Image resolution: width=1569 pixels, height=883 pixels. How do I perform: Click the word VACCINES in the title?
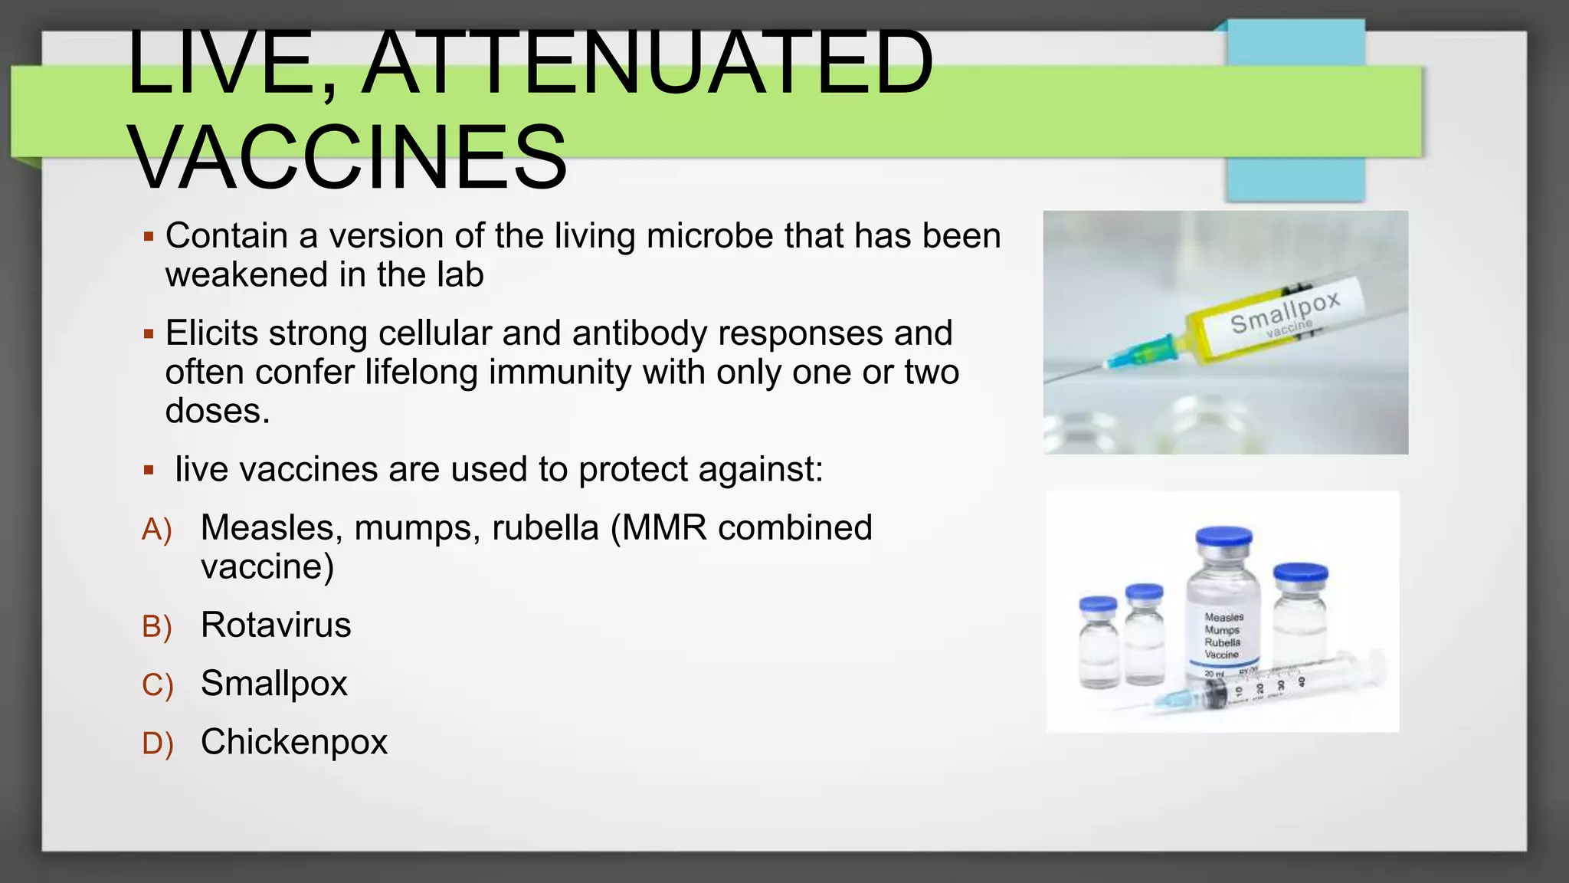pos(349,158)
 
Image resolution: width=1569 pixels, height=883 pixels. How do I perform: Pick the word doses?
pos(218,412)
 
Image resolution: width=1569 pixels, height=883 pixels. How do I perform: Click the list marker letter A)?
pos(157,530)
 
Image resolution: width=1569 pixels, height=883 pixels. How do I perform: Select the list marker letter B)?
pos(157,627)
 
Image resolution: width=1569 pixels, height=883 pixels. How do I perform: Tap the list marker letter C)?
pos(157,685)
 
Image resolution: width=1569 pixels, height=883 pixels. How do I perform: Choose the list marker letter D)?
pos(157,743)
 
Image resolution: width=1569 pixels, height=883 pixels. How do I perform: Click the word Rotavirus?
pos(276,625)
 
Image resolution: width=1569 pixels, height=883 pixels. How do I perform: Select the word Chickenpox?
pos(294,742)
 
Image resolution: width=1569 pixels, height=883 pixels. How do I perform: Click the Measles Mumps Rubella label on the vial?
pos(1223,635)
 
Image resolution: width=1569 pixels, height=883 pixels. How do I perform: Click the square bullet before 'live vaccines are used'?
pos(149,470)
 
